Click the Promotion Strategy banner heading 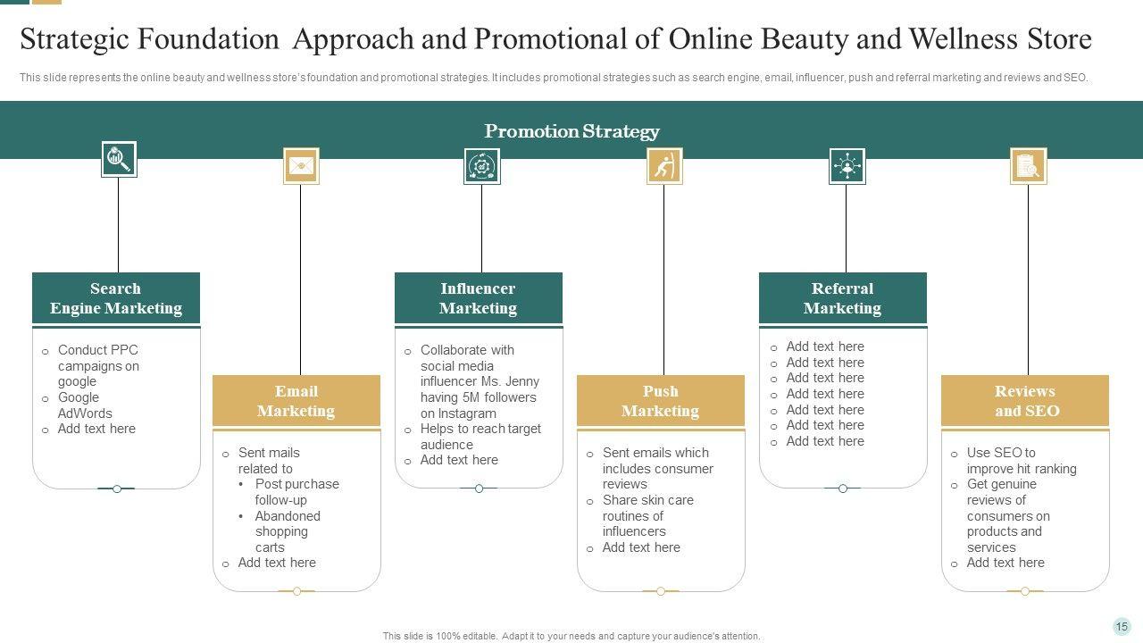pyautogui.click(x=571, y=131)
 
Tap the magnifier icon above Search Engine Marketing pyautogui.click(x=119, y=160)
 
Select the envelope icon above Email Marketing pyautogui.click(x=301, y=166)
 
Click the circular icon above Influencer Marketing pyautogui.click(x=482, y=166)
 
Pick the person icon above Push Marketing pyautogui.click(x=664, y=166)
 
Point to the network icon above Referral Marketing pyautogui.click(x=847, y=166)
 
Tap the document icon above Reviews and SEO pyautogui.click(x=1029, y=166)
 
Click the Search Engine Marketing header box pyautogui.click(x=116, y=298)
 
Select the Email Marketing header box pyautogui.click(x=296, y=401)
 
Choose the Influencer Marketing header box pyautogui.click(x=479, y=298)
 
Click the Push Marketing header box pyautogui.click(x=661, y=401)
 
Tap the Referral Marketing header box pyautogui.click(x=843, y=298)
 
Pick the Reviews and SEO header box pyautogui.click(x=1025, y=401)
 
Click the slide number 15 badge pyautogui.click(x=1122, y=627)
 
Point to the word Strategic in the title pyautogui.click(x=79, y=40)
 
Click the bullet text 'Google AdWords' pyautogui.click(x=85, y=405)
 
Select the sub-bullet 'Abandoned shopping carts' pyautogui.click(x=287, y=531)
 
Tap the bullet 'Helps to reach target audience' pyautogui.click(x=480, y=437)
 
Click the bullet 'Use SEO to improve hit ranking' pyautogui.click(x=1021, y=461)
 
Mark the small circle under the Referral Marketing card pyautogui.click(x=843, y=489)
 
